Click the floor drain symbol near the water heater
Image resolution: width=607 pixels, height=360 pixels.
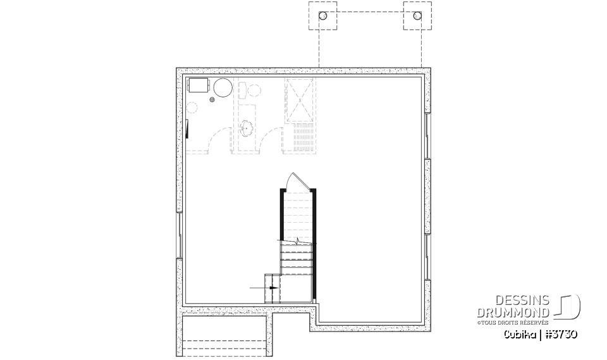tap(212, 99)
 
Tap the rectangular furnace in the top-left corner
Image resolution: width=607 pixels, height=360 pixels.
tap(199, 86)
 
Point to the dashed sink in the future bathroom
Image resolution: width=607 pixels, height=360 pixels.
tap(247, 128)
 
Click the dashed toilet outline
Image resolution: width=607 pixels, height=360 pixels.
tap(252, 90)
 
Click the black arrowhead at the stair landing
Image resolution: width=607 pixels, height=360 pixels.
tap(273, 287)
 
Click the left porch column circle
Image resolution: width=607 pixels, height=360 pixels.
tap(322, 16)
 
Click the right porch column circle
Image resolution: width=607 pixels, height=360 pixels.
tap(417, 16)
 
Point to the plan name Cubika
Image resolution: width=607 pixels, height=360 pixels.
tap(520, 334)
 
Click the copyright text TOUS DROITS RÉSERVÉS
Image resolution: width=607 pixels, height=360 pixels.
tap(516, 323)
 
